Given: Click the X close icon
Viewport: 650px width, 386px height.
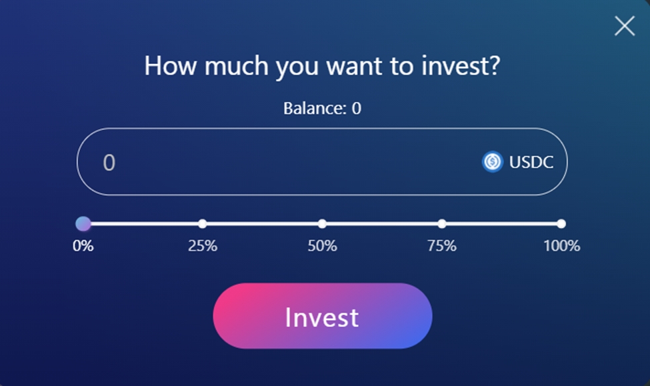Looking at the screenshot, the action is (x=624, y=26).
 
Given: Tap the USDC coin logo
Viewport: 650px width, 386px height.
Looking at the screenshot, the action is (x=493, y=162).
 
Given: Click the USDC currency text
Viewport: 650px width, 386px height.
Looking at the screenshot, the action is (x=531, y=162).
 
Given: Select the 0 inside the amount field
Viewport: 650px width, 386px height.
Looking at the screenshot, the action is (x=109, y=163).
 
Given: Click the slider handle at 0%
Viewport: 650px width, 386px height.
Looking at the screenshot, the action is (x=83, y=223).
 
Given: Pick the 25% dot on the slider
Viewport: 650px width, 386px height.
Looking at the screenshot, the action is (x=202, y=224).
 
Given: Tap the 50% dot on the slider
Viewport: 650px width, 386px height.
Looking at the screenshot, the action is (x=322, y=224).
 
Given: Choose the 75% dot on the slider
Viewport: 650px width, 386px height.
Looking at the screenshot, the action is (x=442, y=224).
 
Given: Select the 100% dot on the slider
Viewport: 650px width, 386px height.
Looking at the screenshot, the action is (x=561, y=224).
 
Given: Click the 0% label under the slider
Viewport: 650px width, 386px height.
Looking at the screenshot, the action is (x=83, y=246).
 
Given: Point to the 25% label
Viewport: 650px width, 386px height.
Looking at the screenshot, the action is (x=202, y=246).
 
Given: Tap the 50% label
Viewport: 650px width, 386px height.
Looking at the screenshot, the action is (x=322, y=246).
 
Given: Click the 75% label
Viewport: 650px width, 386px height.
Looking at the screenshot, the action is (x=442, y=246).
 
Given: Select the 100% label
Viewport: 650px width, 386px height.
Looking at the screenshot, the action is (x=562, y=246).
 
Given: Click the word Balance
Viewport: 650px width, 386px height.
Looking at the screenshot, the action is (x=315, y=109).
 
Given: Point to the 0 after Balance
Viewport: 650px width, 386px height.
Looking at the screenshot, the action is (x=357, y=109).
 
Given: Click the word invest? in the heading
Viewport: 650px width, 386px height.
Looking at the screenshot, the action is (x=461, y=65).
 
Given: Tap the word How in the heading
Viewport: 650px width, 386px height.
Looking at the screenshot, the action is (x=171, y=65).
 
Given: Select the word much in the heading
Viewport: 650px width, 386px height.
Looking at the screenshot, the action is (x=236, y=65).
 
